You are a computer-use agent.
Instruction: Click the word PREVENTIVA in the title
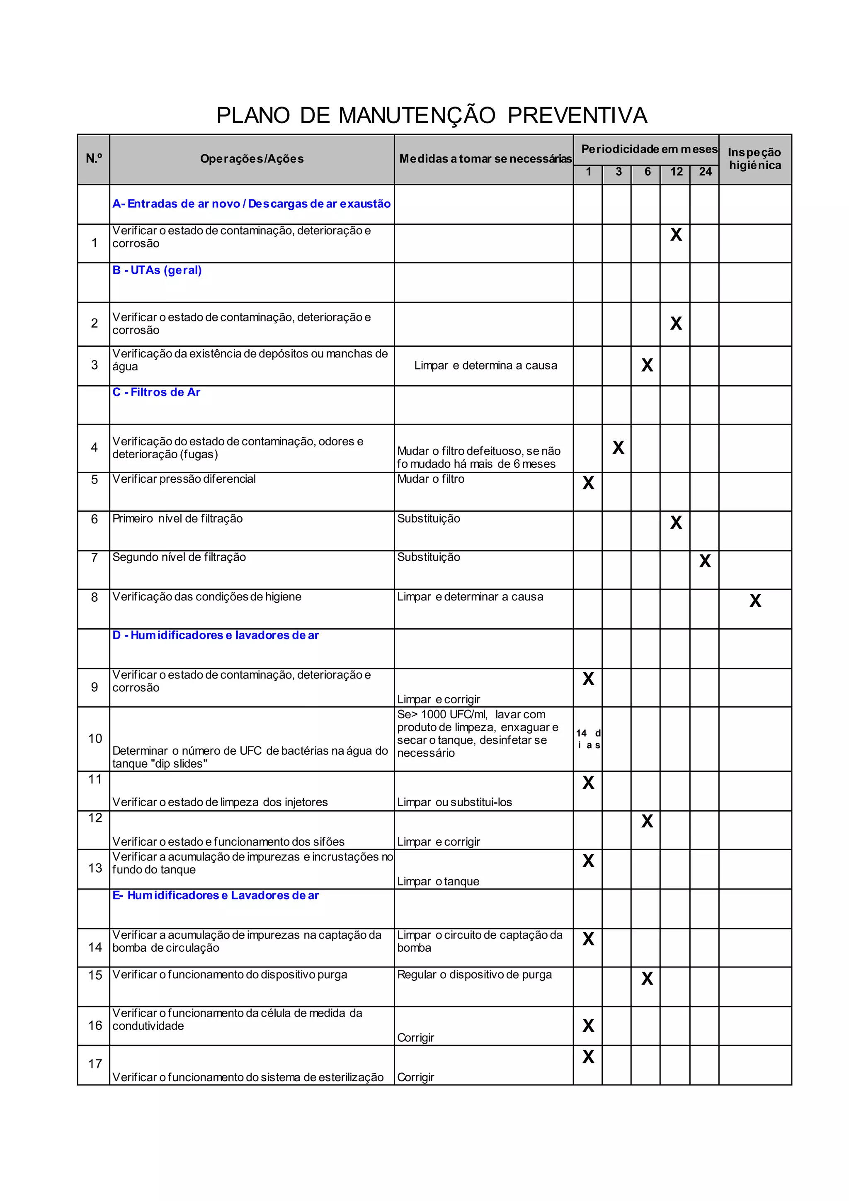coord(577,116)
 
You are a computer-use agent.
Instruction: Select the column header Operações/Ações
coord(252,159)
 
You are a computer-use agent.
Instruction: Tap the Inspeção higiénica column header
coord(754,158)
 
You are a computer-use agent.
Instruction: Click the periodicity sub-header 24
coord(705,172)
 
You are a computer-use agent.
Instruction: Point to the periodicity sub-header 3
coord(619,172)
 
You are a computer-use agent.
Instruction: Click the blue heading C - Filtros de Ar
coord(156,392)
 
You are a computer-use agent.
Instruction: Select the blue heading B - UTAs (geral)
coord(157,270)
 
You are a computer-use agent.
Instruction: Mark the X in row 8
coord(755,600)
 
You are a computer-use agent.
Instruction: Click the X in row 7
coord(705,561)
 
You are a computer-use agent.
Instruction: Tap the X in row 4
coord(618,448)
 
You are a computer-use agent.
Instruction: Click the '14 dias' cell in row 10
coord(588,739)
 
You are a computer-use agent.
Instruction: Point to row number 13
coord(95,868)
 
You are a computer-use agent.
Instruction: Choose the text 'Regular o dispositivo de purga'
coord(474,975)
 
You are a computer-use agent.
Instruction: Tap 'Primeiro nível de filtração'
coord(177,519)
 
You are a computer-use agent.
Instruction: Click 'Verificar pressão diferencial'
coord(184,479)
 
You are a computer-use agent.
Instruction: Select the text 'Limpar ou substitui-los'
coord(454,802)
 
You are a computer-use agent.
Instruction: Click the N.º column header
coord(94,158)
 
